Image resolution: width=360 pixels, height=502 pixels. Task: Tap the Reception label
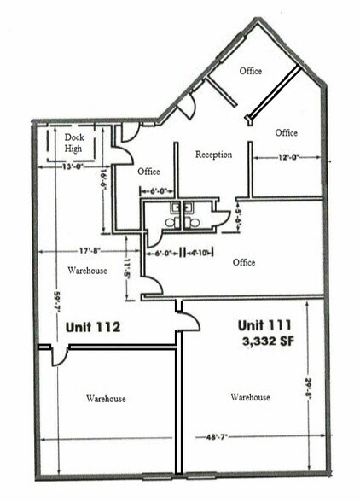[x=213, y=155]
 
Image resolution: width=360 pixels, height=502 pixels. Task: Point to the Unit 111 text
[x=264, y=324]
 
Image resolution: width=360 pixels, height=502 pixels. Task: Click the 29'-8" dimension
[x=306, y=389]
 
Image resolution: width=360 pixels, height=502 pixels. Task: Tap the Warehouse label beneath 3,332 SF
[x=250, y=397]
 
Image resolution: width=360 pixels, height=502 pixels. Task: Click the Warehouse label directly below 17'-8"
[x=87, y=271]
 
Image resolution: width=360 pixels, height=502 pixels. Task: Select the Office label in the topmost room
[x=250, y=70]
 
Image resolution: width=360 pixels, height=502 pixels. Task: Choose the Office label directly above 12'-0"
[x=287, y=132]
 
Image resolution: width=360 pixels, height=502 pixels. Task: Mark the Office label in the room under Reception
[x=244, y=262]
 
